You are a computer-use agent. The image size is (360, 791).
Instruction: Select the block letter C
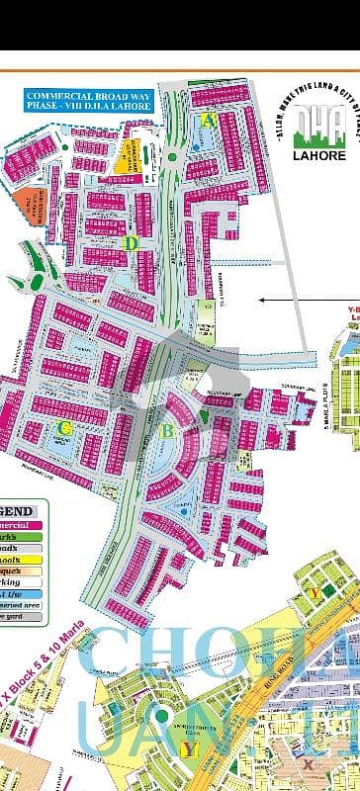pyautogui.click(x=65, y=427)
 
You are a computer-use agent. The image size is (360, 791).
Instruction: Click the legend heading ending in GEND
pyautogui.click(x=22, y=510)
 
